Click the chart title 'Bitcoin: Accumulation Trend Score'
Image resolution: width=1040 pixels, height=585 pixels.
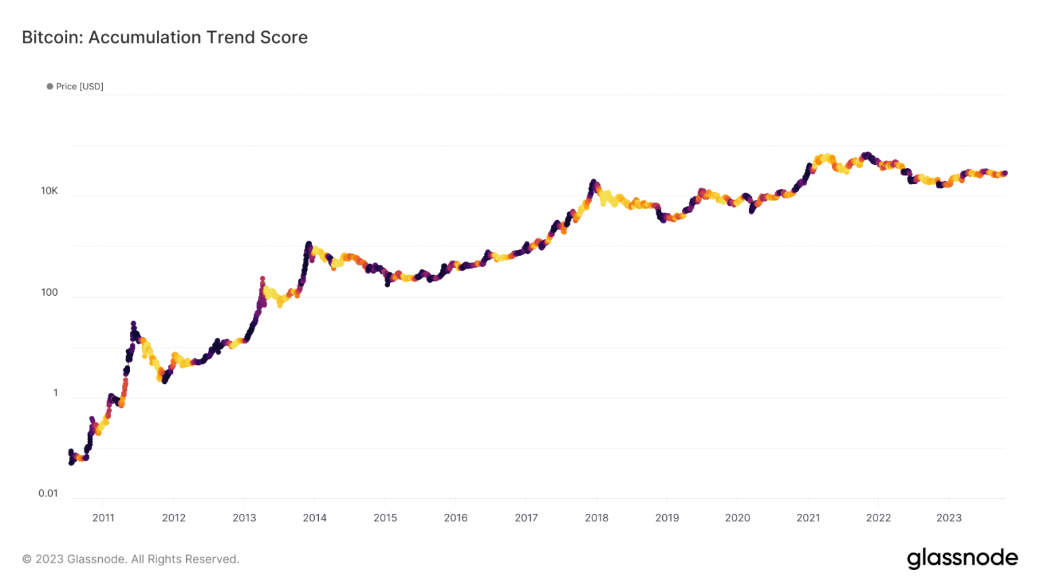click(x=165, y=37)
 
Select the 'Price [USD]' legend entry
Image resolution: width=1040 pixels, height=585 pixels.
click(x=79, y=87)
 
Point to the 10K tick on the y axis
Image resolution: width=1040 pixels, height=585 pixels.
click(x=49, y=191)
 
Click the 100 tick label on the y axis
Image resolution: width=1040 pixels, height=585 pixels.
click(x=49, y=292)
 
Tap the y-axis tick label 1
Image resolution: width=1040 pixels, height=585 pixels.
click(x=56, y=393)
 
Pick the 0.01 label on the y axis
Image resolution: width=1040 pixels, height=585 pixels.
click(x=48, y=494)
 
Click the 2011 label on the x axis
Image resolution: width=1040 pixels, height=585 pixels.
click(x=103, y=518)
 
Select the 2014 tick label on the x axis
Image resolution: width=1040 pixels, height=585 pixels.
click(x=314, y=518)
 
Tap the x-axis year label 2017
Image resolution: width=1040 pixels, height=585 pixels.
click(x=526, y=518)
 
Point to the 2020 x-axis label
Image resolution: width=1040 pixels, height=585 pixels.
click(x=737, y=518)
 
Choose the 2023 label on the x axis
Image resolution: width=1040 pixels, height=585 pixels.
click(x=949, y=518)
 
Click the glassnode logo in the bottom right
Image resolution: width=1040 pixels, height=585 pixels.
click(x=962, y=559)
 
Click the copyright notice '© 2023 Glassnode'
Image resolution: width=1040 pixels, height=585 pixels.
click(x=131, y=559)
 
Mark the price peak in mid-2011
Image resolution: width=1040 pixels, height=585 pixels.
click(x=133, y=324)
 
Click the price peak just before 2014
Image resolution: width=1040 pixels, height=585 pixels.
click(x=309, y=244)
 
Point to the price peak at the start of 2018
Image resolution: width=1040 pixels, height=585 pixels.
click(x=593, y=181)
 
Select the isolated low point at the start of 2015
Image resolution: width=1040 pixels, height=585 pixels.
click(x=387, y=285)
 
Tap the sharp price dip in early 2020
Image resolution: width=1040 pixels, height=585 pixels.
click(x=752, y=211)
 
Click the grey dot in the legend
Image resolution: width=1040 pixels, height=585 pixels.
click(x=49, y=87)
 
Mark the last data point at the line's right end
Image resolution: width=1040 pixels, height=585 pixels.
click(x=1005, y=173)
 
